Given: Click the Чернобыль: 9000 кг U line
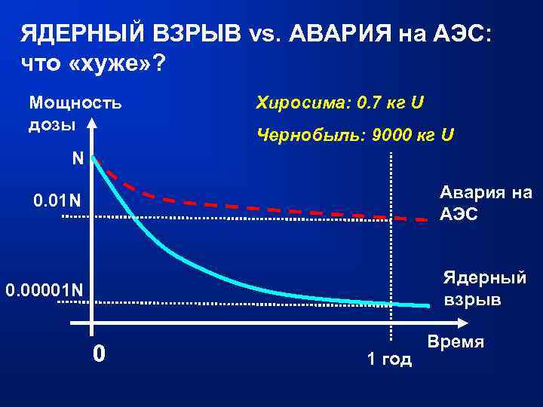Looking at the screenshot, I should (355, 135).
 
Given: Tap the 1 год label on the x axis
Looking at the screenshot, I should (389, 359).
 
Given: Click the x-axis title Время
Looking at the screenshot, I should (456, 341).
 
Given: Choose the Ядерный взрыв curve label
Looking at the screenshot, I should (483, 288).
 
